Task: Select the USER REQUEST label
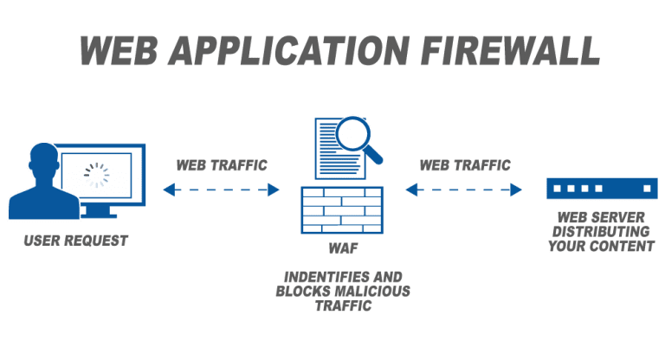click(x=76, y=240)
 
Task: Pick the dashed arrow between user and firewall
click(x=221, y=189)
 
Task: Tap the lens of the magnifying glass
click(x=352, y=134)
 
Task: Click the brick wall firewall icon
click(x=342, y=209)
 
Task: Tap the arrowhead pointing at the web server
click(x=517, y=189)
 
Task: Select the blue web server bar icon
click(x=602, y=188)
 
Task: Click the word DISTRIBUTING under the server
click(x=602, y=231)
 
